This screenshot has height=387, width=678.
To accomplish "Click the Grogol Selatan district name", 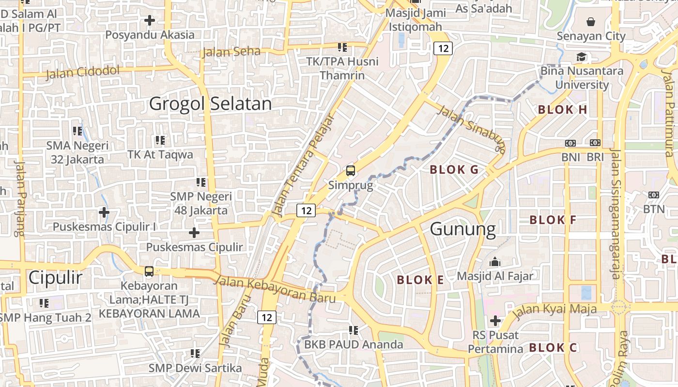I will pos(210,104).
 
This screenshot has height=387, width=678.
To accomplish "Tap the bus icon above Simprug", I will pos(350,171).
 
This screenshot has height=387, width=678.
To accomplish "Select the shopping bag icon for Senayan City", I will pos(591,22).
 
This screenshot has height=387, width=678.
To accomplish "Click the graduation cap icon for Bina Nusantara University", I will pos(581,57).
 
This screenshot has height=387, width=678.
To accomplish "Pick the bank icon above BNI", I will pos(570,143).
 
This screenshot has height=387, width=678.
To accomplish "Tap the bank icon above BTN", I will pos(653,195).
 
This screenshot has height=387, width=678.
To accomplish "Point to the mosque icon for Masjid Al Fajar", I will pos(495,262).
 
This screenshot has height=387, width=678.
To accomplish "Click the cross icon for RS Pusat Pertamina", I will pos(495,320).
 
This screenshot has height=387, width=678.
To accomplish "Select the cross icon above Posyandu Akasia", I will pos(150,20).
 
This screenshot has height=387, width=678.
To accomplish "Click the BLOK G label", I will pos(454,170).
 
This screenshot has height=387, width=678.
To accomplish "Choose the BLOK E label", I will pos(420,280).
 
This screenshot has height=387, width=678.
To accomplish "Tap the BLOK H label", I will pos(563,110).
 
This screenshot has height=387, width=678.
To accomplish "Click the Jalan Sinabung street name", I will pos(471,128).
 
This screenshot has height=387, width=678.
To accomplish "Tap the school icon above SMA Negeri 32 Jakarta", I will pos(77,131).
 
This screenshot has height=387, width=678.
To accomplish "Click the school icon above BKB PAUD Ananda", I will pos(354,330).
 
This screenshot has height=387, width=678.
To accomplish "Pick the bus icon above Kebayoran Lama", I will pos(149,271).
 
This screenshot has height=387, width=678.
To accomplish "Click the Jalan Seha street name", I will pos(231,51).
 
